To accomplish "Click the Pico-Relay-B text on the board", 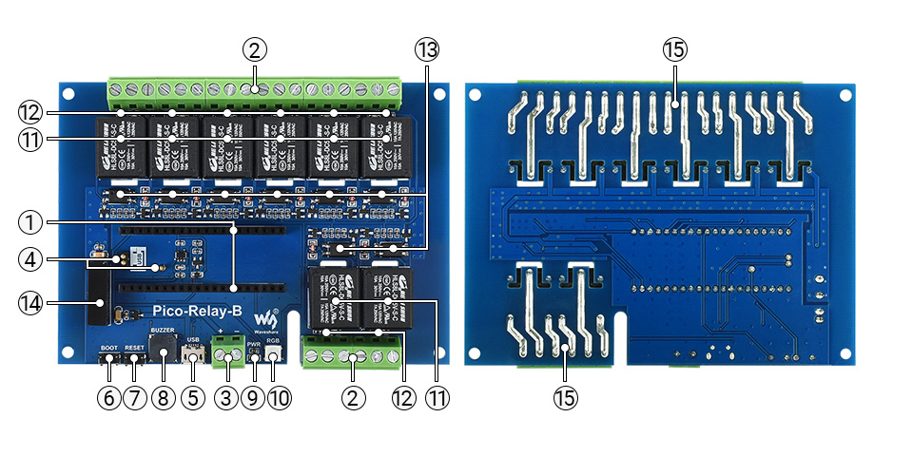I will (x=198, y=312).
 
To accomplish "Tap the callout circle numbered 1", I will (x=30, y=223).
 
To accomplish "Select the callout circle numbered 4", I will (x=30, y=257).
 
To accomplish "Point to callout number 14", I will (x=30, y=303).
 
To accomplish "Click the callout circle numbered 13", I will (x=425, y=49).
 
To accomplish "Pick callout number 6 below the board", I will (x=108, y=398).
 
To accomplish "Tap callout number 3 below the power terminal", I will (x=225, y=398).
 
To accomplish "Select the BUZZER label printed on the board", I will (x=162, y=328).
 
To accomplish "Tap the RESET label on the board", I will (x=134, y=348).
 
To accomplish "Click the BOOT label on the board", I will (x=108, y=348).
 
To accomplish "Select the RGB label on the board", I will (x=273, y=340).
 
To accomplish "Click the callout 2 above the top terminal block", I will (x=254, y=49).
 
